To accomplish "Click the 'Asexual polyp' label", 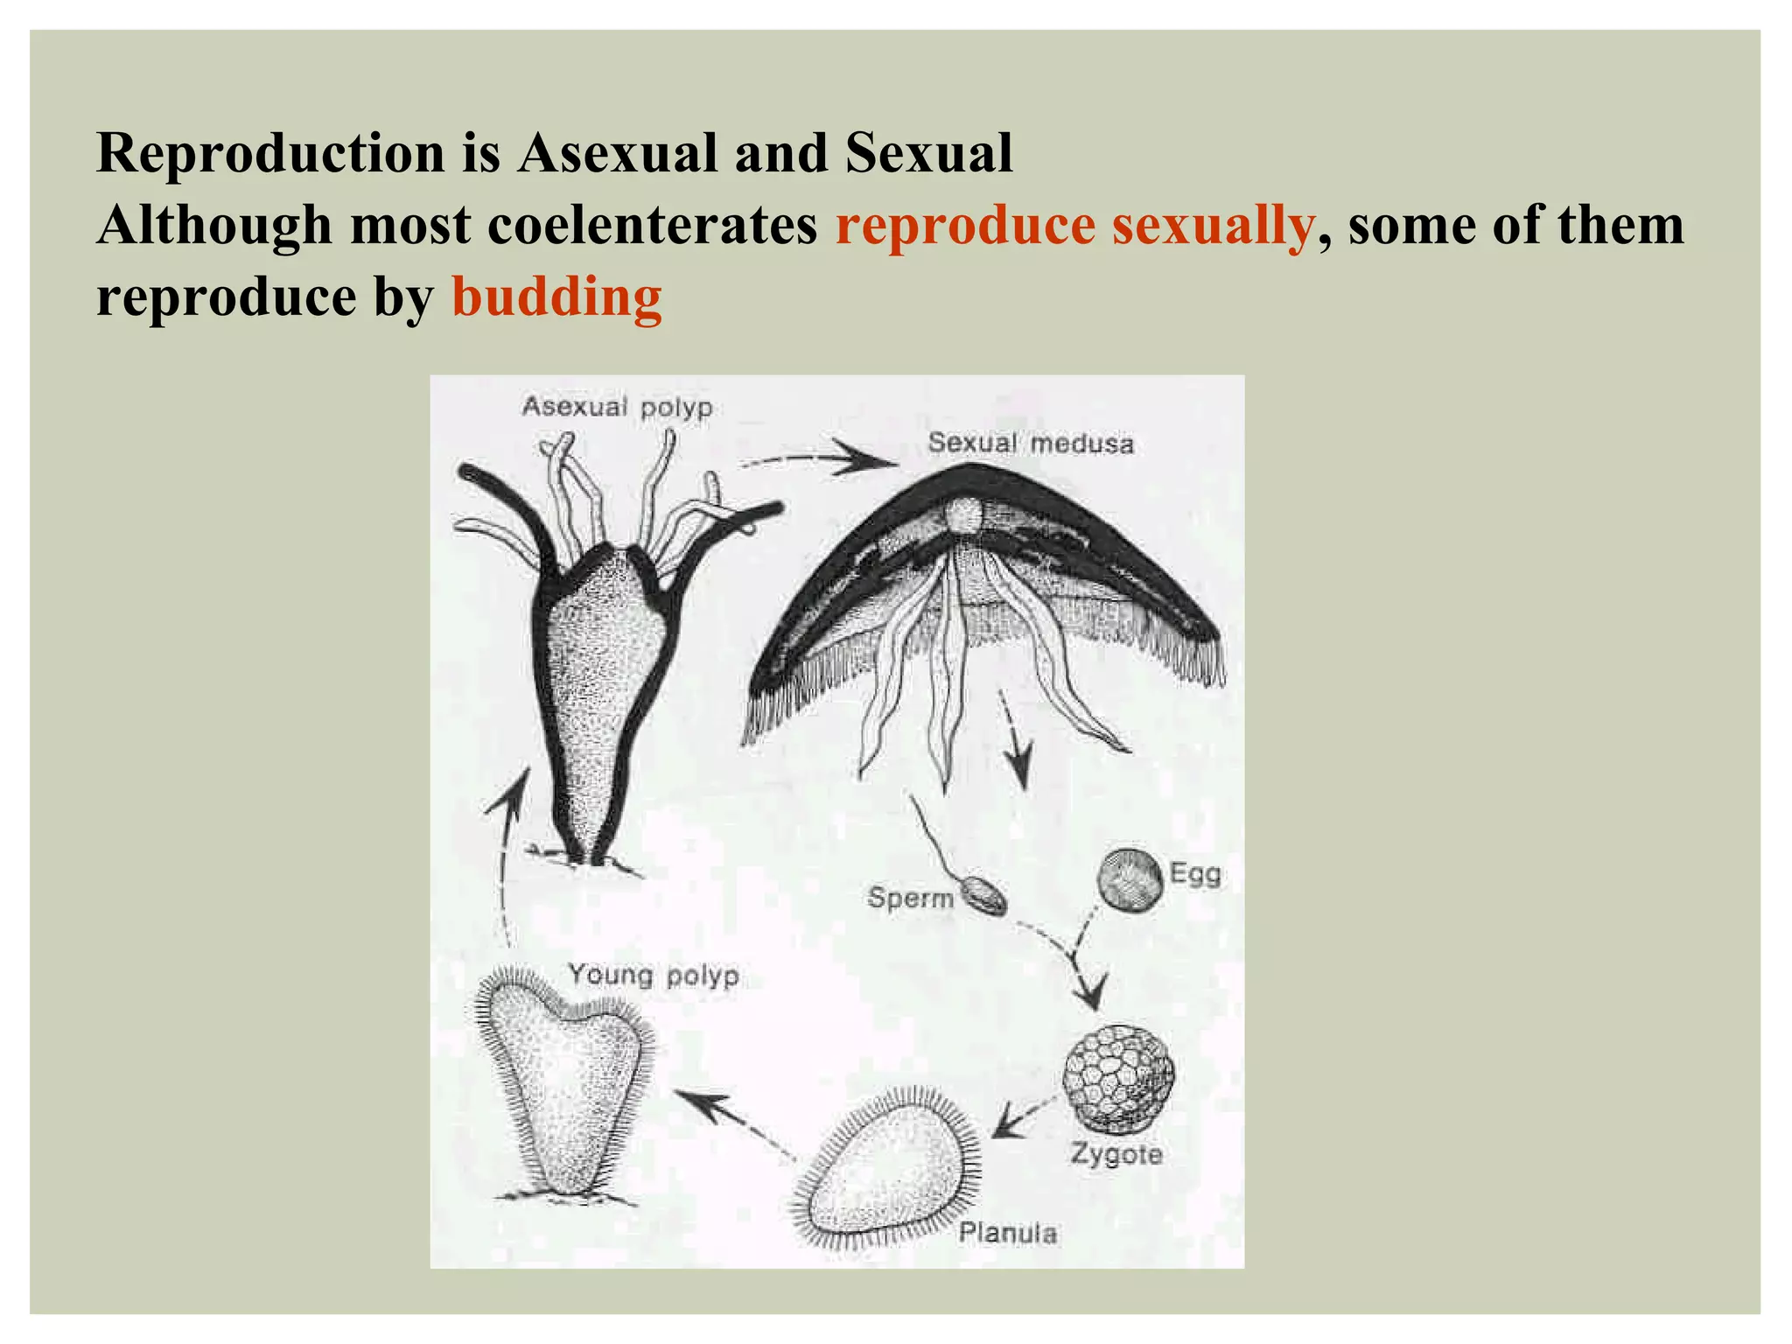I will [x=617, y=407].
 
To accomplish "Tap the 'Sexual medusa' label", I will [x=1030, y=444].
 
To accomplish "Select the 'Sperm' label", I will [x=909, y=898].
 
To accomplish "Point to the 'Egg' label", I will [x=1194, y=874].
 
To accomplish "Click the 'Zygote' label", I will [x=1116, y=1155].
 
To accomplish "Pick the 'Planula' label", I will [x=1007, y=1233].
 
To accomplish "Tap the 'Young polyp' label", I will [x=654, y=975].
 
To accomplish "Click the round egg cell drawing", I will [x=1130, y=881].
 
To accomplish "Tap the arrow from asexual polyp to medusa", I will [x=818, y=457].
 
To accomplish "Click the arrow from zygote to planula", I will [x=1019, y=1119].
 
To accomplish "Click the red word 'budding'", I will [x=556, y=297].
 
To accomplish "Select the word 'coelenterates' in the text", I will [x=652, y=226].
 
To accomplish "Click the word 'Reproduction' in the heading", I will [x=272, y=153].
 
